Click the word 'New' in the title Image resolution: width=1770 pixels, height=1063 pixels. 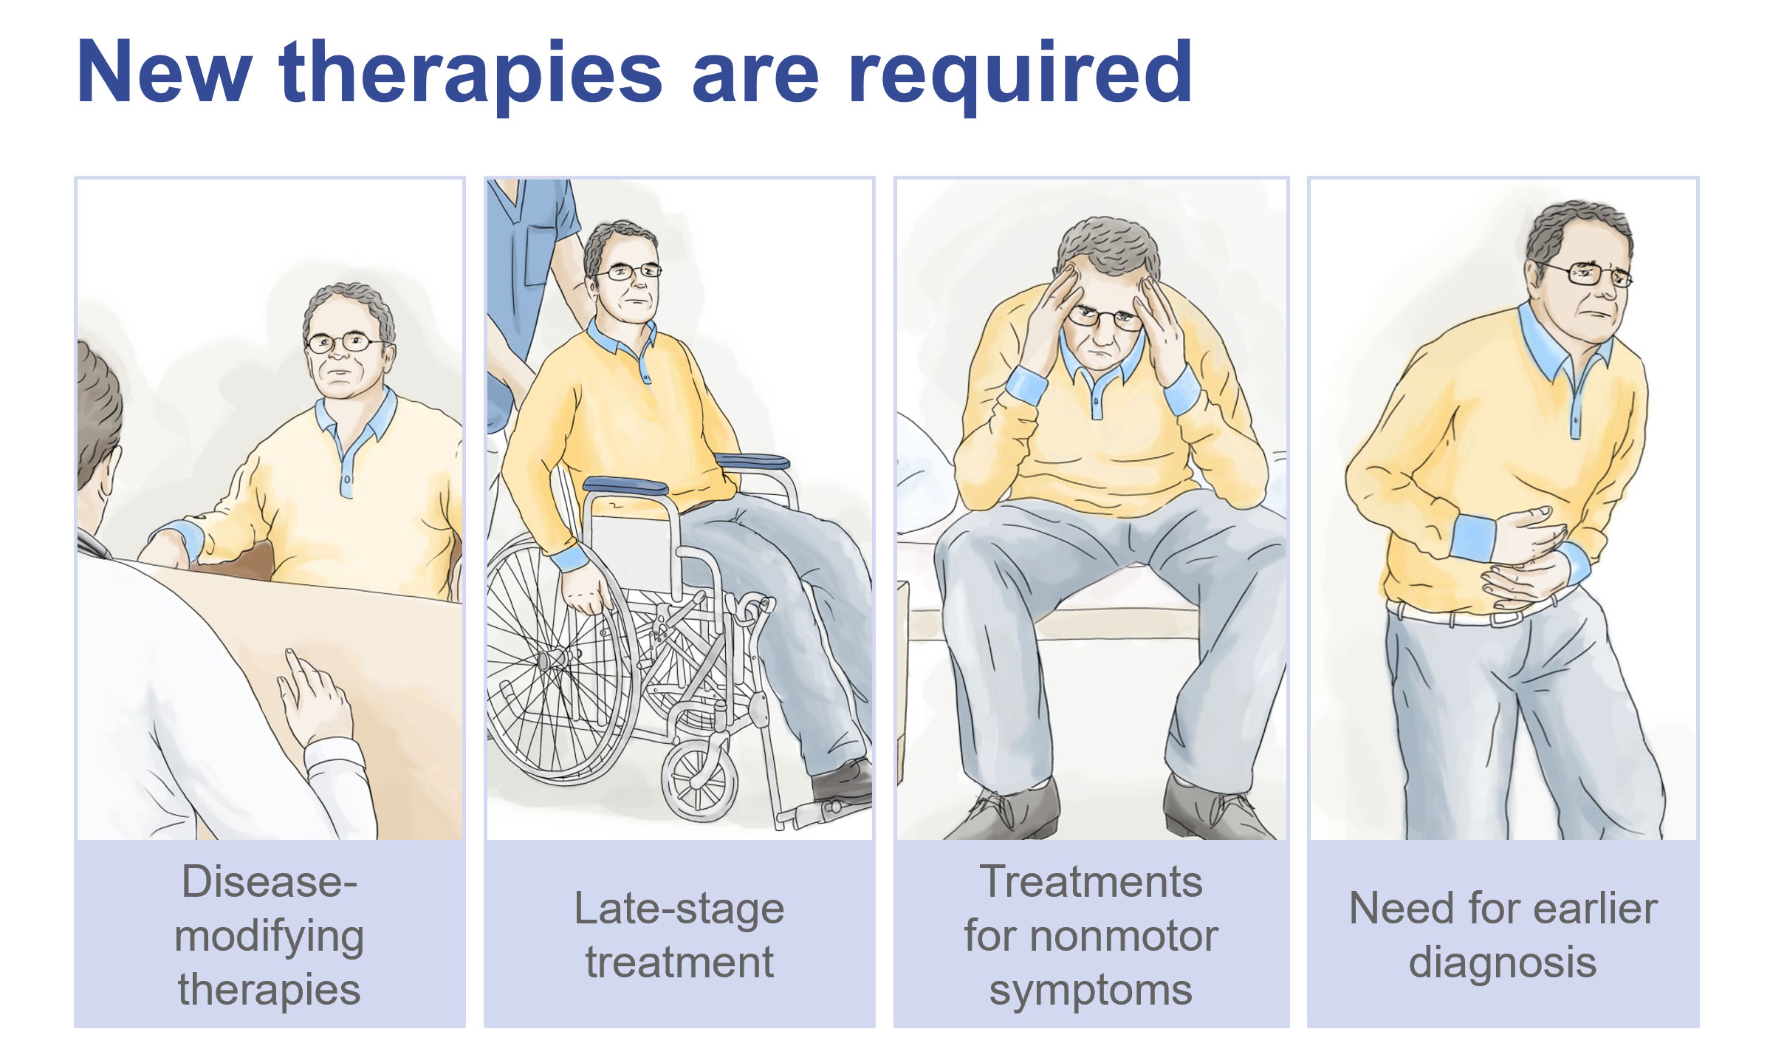click(164, 71)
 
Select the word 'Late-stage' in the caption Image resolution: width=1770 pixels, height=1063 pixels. click(679, 909)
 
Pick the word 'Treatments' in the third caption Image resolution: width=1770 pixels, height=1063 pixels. click(1091, 881)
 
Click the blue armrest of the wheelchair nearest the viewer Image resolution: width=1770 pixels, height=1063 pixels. click(625, 485)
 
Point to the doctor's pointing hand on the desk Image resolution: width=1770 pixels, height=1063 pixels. click(314, 698)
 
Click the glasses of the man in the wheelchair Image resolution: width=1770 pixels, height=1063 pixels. click(628, 273)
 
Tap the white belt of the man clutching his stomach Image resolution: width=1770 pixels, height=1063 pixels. click(1469, 612)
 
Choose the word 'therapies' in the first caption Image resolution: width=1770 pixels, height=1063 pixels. click(269, 989)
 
